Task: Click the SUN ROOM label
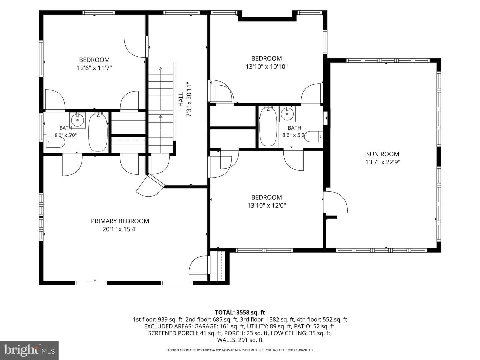click(382, 154)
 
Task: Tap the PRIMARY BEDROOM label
click(120, 221)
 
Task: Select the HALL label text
click(181, 99)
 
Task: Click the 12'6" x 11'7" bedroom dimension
click(94, 68)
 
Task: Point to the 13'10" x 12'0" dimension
click(267, 205)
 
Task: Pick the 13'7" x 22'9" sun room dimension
click(383, 162)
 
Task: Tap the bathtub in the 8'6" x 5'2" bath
click(268, 127)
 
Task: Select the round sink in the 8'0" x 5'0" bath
click(77, 120)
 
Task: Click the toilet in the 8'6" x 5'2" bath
click(314, 137)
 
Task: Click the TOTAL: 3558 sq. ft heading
click(240, 312)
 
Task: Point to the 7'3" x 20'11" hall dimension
click(189, 99)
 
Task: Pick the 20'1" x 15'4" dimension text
click(120, 229)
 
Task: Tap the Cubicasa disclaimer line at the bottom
click(240, 350)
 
